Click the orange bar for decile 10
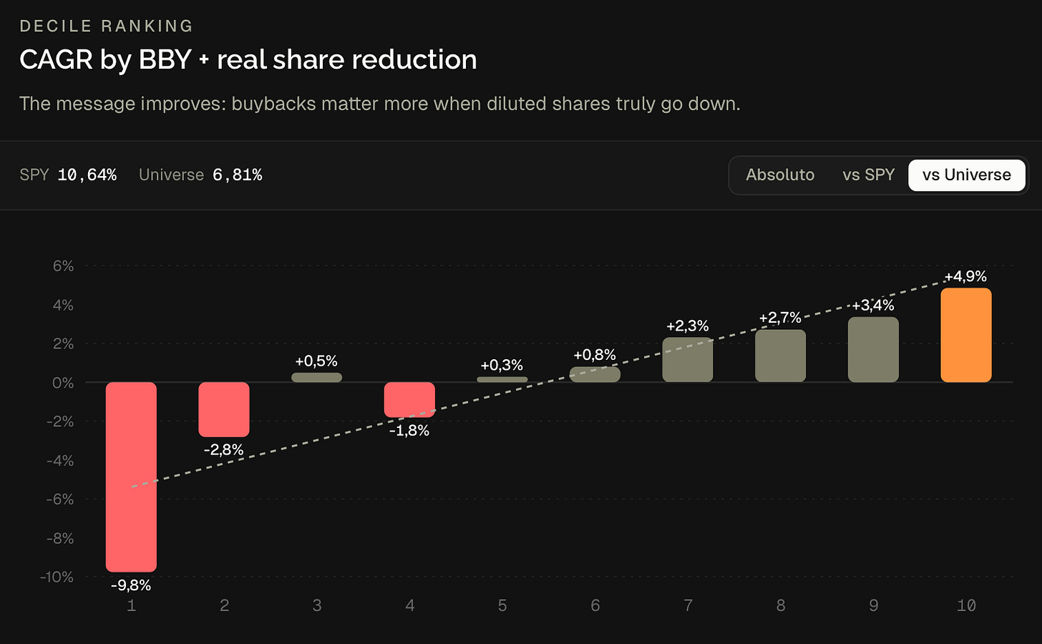pyautogui.click(x=965, y=335)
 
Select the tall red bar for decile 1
pyautogui.click(x=131, y=477)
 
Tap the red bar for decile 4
pyautogui.click(x=409, y=400)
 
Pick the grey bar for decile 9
pyautogui.click(x=873, y=349)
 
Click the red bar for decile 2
pyautogui.click(x=224, y=409)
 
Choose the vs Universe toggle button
pyautogui.click(x=967, y=175)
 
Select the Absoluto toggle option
pyautogui.click(x=780, y=175)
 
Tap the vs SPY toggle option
pyautogui.click(x=869, y=175)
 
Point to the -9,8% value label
pyautogui.click(x=131, y=585)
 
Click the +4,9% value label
pyautogui.click(x=965, y=276)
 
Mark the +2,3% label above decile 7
pyautogui.click(x=688, y=326)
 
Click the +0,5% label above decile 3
pyautogui.click(x=316, y=361)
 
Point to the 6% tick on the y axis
pyautogui.click(x=63, y=266)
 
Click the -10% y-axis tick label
pyautogui.click(x=57, y=577)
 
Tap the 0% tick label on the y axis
pyautogui.click(x=63, y=383)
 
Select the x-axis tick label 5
pyautogui.click(x=502, y=605)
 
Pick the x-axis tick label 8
pyautogui.click(x=781, y=605)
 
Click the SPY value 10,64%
pyautogui.click(x=87, y=175)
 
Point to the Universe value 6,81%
pyautogui.click(x=238, y=175)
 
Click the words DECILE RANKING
pyautogui.click(x=106, y=26)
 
